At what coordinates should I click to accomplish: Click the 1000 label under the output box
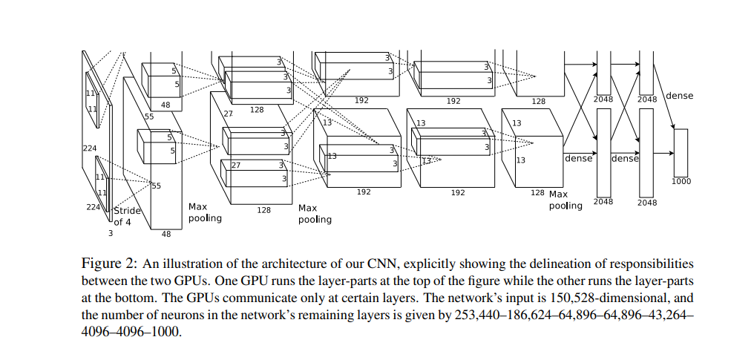(x=681, y=180)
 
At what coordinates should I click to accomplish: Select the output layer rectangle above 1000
(x=681, y=151)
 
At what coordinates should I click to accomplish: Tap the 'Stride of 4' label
(x=126, y=215)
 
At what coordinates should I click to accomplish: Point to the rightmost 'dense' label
(x=680, y=96)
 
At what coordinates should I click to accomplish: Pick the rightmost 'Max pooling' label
(x=565, y=200)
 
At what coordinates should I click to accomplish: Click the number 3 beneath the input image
(x=111, y=233)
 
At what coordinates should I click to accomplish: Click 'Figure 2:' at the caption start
(x=109, y=264)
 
